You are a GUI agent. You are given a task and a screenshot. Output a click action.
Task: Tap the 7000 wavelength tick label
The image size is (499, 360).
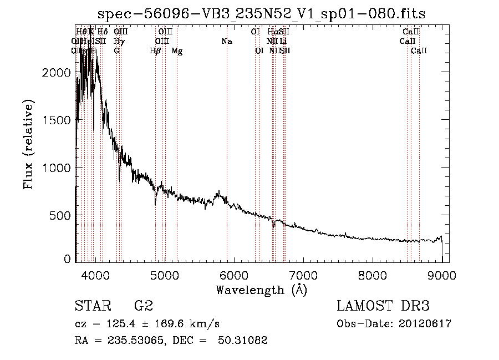(303, 273)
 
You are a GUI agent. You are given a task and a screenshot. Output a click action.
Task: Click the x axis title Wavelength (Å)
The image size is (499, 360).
(261, 289)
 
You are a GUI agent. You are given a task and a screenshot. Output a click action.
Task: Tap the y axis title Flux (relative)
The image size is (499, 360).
(28, 144)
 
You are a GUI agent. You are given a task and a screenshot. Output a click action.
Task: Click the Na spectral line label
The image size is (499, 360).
(226, 41)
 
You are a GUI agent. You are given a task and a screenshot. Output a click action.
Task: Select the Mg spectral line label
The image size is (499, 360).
(177, 51)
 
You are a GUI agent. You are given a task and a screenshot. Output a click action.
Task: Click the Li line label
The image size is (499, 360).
(283, 41)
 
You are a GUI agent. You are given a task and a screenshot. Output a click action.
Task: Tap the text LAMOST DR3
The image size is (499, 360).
(383, 306)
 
